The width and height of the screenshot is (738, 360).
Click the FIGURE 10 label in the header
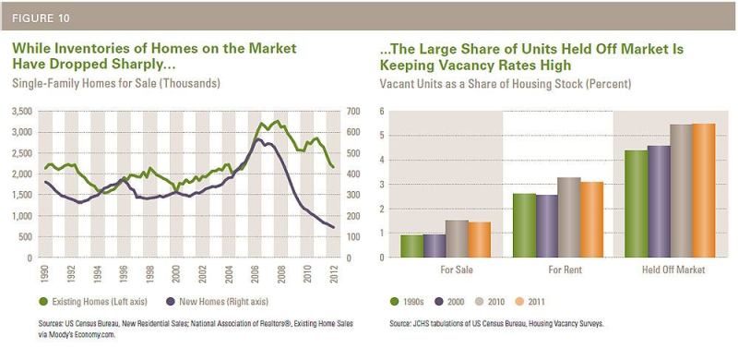point(41,18)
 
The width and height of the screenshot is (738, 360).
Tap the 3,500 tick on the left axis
point(21,111)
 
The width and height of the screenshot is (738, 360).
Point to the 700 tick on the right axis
point(354,111)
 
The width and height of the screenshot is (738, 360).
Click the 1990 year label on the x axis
point(44,273)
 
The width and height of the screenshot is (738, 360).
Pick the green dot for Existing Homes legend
point(43,301)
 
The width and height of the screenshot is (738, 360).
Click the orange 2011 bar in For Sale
point(480,239)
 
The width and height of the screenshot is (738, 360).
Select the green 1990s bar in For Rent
point(524,225)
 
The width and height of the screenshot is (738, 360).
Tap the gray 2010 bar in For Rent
point(569,217)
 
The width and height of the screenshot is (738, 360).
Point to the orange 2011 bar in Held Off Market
point(704,190)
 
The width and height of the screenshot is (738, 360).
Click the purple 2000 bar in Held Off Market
point(659,201)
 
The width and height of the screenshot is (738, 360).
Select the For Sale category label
point(457,270)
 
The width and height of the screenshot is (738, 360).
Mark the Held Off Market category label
point(673,270)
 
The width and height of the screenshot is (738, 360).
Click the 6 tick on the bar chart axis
point(382,111)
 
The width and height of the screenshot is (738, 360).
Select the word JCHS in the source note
point(419,324)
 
